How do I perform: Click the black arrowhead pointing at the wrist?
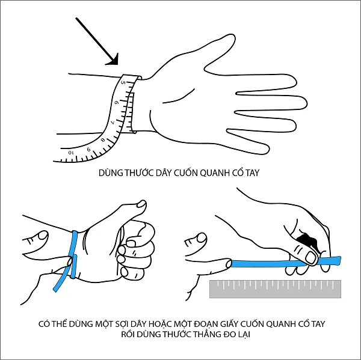(x=111, y=58)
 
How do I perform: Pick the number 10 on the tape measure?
(x=72, y=153)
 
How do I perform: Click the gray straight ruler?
(x=274, y=288)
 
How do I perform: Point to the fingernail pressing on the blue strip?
(x=310, y=257)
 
